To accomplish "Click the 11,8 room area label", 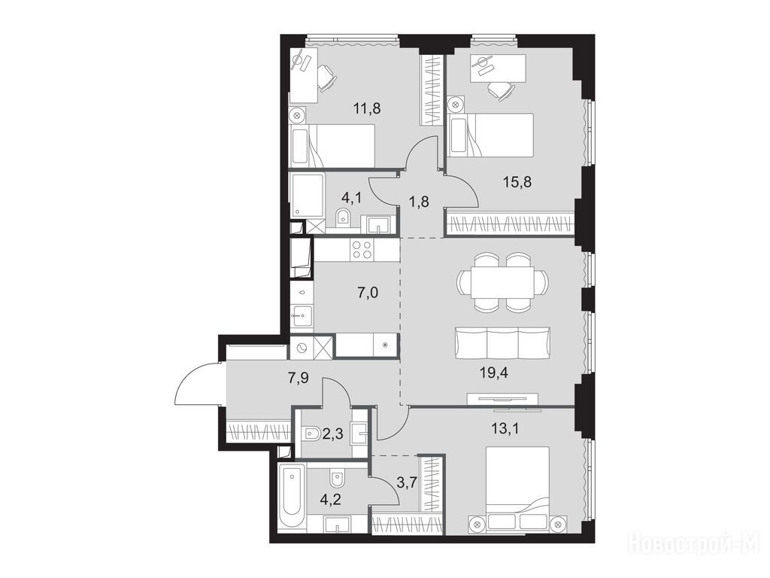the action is (367, 108).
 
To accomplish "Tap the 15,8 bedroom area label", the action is (517, 182).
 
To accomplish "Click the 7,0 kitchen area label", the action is (368, 294).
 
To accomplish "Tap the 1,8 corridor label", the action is (419, 202).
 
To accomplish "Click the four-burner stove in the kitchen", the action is (362, 249).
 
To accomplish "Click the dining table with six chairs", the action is (503, 282).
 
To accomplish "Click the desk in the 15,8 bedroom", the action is (499, 68).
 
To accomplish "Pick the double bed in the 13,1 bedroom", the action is (517, 488).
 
